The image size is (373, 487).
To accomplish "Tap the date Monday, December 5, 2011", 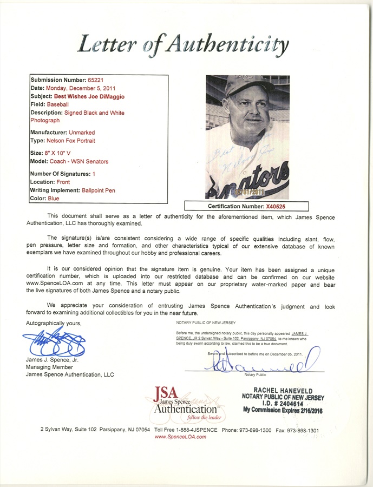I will pyautogui.click(x=88, y=88).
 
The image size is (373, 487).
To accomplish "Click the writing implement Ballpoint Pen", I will pyautogui.click(x=95, y=190).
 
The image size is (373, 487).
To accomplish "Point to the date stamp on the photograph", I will pyautogui.click(x=250, y=192).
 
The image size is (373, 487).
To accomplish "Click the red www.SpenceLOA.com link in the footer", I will pyautogui.click(x=180, y=437).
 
